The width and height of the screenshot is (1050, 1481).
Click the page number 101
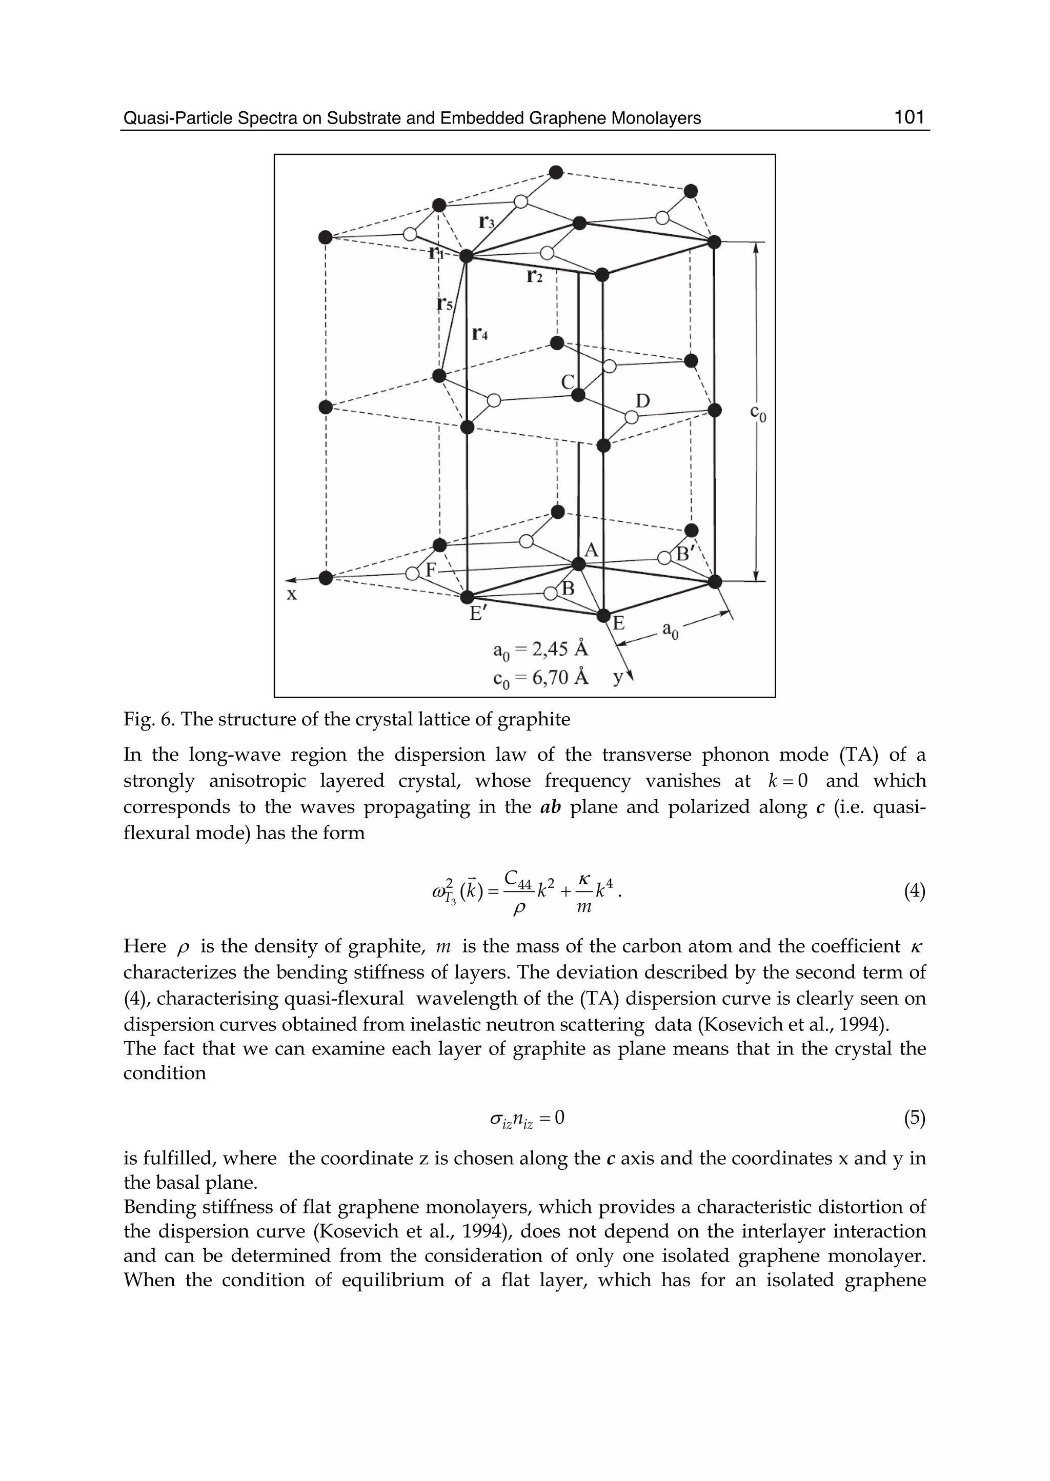910,117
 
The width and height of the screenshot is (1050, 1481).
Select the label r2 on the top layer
534,276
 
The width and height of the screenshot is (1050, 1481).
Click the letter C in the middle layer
568,382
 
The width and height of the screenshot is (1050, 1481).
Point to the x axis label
292,594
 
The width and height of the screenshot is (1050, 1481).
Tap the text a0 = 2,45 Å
540,649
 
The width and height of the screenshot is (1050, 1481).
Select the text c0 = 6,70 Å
540,678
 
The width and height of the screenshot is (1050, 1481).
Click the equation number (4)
914,891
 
